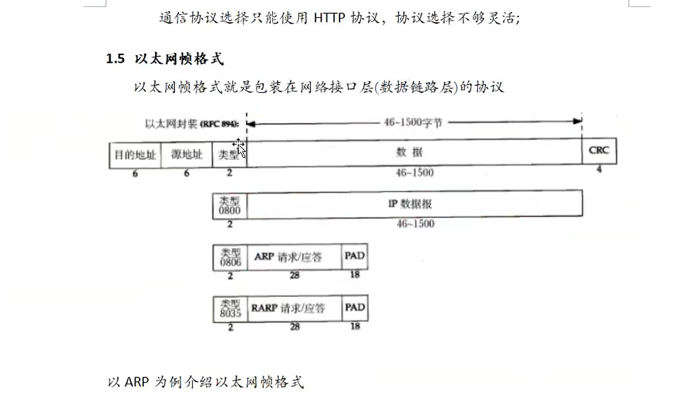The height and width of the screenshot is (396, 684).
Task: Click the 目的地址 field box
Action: click(x=135, y=154)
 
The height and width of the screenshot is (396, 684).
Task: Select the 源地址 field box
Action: click(x=187, y=154)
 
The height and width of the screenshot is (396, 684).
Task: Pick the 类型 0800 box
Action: click(x=229, y=205)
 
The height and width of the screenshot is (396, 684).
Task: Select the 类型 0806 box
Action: click(x=229, y=257)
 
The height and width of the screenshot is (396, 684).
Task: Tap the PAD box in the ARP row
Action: click(x=355, y=256)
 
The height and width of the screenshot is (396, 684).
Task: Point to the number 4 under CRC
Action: click(x=599, y=169)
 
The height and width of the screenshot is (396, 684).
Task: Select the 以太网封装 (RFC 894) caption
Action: click(x=191, y=124)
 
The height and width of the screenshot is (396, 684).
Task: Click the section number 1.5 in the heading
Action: click(x=115, y=59)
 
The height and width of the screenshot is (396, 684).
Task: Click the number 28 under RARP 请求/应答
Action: click(x=295, y=327)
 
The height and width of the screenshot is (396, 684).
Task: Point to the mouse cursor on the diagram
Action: click(x=239, y=147)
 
